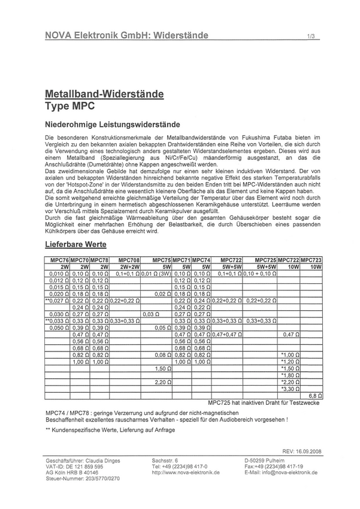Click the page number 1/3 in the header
(x=310, y=37)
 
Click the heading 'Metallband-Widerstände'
(x=104, y=95)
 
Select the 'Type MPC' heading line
(x=69, y=106)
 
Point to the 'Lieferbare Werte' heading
(x=75, y=244)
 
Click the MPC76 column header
(x=57, y=260)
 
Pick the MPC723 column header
(x=311, y=260)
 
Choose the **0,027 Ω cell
(x=58, y=300)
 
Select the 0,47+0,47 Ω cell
(x=227, y=334)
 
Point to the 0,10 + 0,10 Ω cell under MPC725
(x=259, y=274)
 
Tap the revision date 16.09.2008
(x=307, y=451)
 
